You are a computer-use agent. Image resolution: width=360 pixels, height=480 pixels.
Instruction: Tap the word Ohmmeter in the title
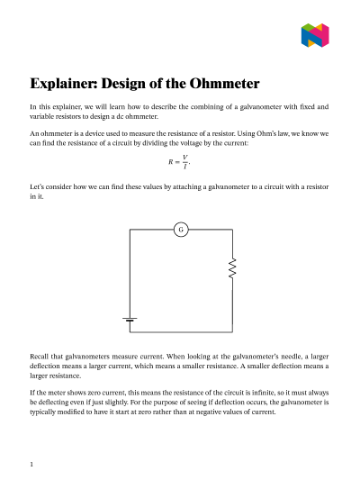(220, 85)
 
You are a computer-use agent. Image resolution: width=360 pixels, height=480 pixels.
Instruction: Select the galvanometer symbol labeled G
(181, 230)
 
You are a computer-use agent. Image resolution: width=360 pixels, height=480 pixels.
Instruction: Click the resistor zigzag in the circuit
(232, 268)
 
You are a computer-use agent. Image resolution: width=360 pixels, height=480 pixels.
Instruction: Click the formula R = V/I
(179, 162)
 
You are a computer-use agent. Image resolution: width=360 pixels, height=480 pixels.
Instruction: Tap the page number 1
(31, 465)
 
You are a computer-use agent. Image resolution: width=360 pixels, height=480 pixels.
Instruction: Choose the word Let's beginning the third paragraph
(39, 185)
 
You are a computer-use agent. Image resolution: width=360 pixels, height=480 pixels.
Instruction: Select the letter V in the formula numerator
(184, 157)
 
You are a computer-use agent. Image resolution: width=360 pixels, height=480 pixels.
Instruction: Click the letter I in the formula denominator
(184, 168)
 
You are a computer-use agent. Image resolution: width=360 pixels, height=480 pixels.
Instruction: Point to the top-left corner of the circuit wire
(130, 230)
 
